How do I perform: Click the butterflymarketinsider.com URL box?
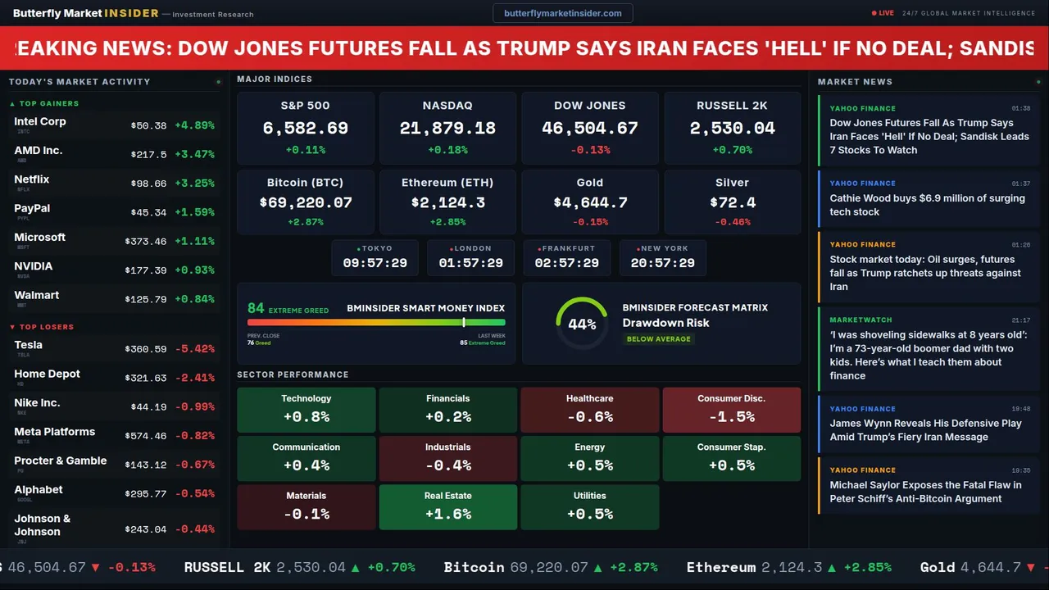(x=562, y=13)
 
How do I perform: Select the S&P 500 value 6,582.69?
(x=305, y=129)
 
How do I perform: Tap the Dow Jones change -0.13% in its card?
(x=590, y=150)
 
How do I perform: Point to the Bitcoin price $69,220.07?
(x=305, y=202)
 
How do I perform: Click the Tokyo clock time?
(x=375, y=263)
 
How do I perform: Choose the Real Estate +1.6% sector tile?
(x=447, y=507)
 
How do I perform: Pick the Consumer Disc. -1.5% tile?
(x=731, y=410)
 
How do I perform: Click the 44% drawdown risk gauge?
(x=582, y=324)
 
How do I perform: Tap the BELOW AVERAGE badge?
(x=658, y=339)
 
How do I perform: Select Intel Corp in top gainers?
(x=40, y=121)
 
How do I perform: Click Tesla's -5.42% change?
(x=195, y=349)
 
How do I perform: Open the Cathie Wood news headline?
(x=927, y=205)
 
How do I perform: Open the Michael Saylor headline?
(x=925, y=492)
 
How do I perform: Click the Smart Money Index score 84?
(x=256, y=309)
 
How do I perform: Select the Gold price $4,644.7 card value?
(x=590, y=202)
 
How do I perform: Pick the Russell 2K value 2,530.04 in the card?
(x=732, y=129)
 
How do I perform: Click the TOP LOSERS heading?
(x=46, y=327)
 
